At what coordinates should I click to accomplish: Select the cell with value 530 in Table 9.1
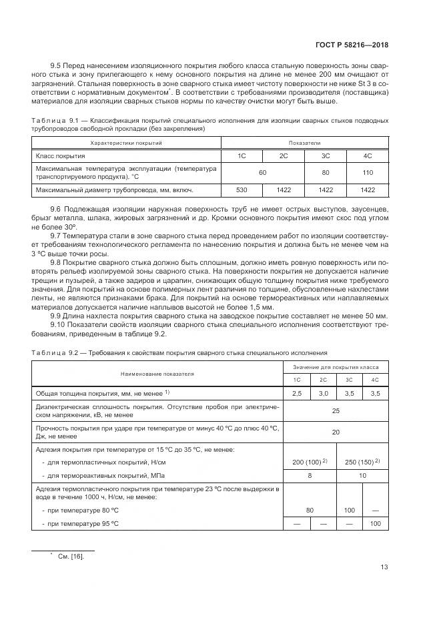coord(242,190)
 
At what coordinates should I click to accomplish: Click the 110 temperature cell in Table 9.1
coord(367,172)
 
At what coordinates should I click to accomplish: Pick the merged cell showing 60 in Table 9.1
coord(262,172)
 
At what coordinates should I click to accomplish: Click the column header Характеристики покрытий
coord(126,143)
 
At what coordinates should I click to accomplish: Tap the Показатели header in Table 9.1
coord(304,143)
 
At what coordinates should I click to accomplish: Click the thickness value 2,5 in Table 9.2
coord(297,394)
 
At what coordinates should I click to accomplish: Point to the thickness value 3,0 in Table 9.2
coord(324,394)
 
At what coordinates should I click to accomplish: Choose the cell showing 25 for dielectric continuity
coord(336,410)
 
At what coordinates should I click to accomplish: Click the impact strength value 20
coord(336,432)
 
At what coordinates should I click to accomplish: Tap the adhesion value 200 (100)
coord(310,462)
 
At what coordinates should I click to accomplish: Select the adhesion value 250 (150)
coord(362,462)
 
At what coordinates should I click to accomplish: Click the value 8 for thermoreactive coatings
coord(310,475)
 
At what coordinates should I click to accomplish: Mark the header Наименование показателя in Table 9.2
coord(157,374)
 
